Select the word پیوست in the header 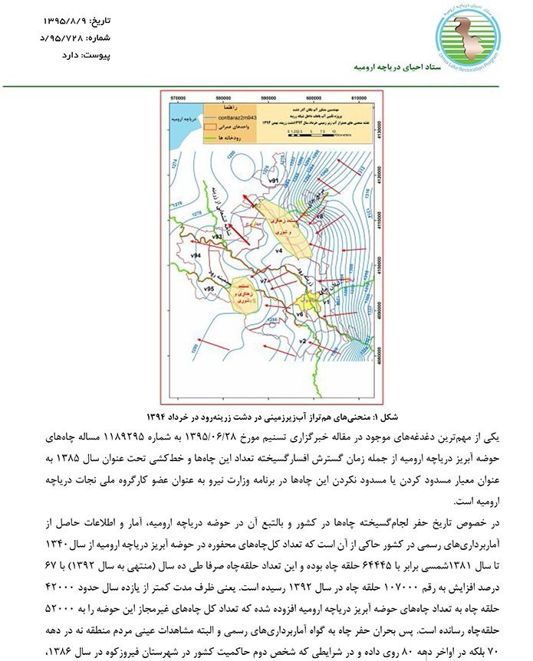(x=96, y=55)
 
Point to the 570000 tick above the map (x=181, y=99)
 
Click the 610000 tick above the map (x=358, y=99)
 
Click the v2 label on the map (x=302, y=341)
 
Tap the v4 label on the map (x=279, y=250)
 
